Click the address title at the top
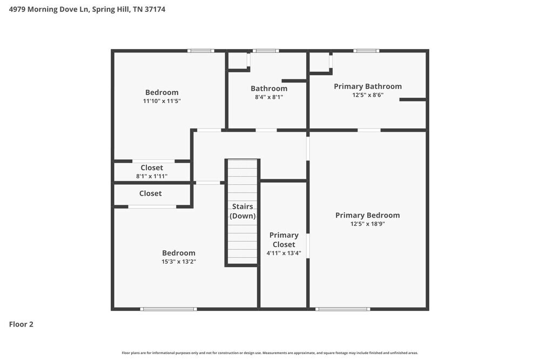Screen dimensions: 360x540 (x=87, y=9)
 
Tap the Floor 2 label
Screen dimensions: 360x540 (x=22, y=324)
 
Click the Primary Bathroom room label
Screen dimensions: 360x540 (x=368, y=86)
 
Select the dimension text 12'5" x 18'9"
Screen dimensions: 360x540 (x=367, y=224)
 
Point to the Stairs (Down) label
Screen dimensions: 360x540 (x=242, y=211)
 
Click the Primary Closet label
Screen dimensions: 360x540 (x=283, y=240)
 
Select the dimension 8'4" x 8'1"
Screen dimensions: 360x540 (x=268, y=97)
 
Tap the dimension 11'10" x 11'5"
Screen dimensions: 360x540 (x=161, y=101)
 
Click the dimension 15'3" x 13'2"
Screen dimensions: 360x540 (x=179, y=262)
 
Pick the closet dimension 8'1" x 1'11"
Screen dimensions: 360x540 (x=152, y=176)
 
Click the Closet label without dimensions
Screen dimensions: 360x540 (x=150, y=193)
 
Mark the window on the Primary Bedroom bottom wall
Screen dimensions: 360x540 (x=343, y=309)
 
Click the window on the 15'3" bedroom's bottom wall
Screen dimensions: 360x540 (x=168, y=309)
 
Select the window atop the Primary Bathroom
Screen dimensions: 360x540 (x=366, y=51)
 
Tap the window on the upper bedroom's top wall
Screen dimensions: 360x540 (x=200, y=51)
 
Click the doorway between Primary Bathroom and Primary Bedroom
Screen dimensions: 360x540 (x=369, y=130)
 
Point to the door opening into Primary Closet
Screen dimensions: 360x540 (x=308, y=246)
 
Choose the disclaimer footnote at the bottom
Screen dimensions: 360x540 (x=270, y=352)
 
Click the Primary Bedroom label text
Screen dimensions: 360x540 (x=367, y=215)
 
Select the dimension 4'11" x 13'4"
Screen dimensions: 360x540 (x=283, y=253)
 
